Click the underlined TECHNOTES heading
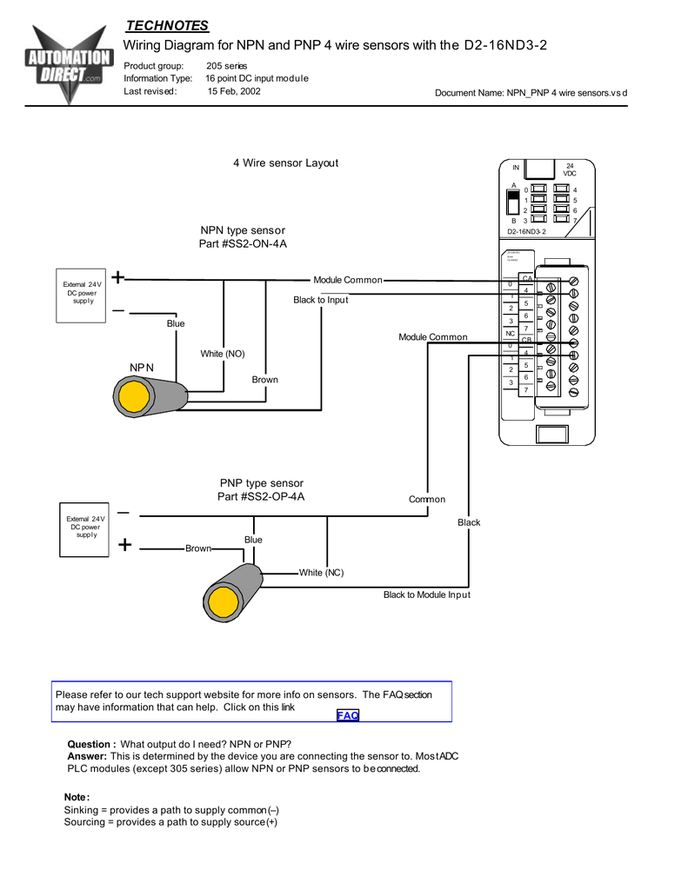[168, 25]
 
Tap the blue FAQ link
[348, 715]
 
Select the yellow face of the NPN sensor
[134, 397]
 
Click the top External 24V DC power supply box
[82, 293]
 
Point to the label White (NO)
[223, 354]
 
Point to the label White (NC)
[322, 573]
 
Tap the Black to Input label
[320, 300]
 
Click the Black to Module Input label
[427, 594]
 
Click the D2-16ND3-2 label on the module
[527, 232]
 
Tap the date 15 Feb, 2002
[233, 90]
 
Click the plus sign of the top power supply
[117, 278]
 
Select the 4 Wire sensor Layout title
[285, 163]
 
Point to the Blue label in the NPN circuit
[176, 323]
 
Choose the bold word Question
[91, 744]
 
